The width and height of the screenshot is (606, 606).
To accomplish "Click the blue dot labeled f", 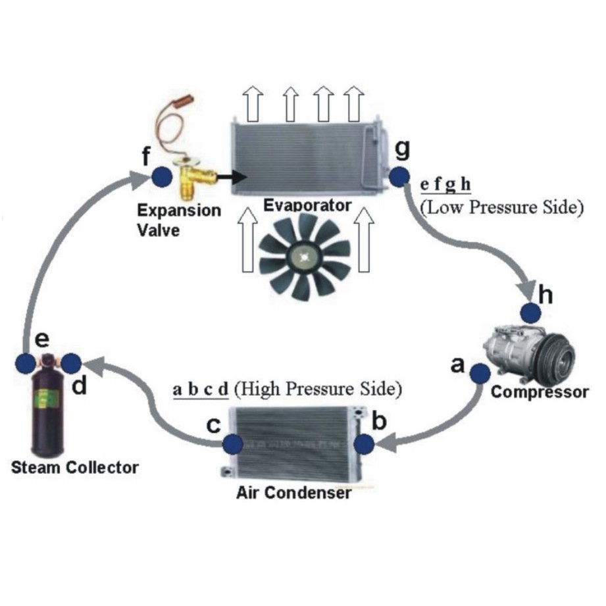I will click(161, 176).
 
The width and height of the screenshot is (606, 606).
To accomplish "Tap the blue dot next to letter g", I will click(398, 177).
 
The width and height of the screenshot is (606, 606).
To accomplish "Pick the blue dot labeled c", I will click(232, 445).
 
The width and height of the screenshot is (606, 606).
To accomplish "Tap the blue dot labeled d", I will click(70, 363).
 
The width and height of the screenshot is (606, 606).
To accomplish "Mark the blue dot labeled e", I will click(26, 363).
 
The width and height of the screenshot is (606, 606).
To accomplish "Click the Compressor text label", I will click(540, 393).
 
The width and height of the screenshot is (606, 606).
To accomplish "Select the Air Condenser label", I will click(293, 492).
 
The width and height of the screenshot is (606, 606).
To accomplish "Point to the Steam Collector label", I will click(75, 468).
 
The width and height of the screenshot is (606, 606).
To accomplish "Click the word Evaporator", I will click(307, 206).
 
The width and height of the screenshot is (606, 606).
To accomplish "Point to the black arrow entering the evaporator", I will click(232, 176).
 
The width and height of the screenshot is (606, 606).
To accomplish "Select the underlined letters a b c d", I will click(200, 389).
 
